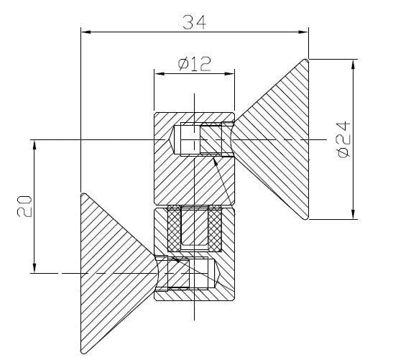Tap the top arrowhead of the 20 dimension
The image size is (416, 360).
(34, 144)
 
